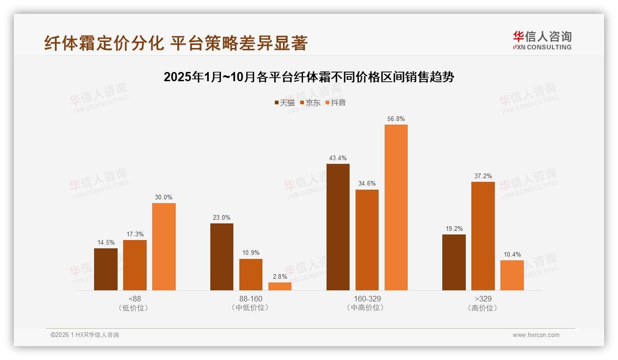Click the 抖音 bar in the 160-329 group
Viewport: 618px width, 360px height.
396,207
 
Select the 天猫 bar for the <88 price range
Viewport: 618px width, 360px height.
106,269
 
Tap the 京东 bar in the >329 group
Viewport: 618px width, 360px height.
483,236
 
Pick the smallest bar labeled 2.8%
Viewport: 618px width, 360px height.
280,286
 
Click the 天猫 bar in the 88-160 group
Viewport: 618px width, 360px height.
222,257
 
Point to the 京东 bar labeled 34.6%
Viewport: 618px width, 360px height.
367,240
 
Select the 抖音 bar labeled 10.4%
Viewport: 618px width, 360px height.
512,275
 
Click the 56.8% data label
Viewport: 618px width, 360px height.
396,119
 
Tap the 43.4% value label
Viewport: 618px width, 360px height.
338,158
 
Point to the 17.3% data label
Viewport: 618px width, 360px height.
135,234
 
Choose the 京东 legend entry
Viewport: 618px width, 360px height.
310,103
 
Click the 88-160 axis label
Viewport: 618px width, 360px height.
250,299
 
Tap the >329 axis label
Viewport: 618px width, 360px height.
483,299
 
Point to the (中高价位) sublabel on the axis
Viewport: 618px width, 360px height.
367,308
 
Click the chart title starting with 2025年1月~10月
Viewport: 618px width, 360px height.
309,77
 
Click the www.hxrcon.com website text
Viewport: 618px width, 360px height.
535,335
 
